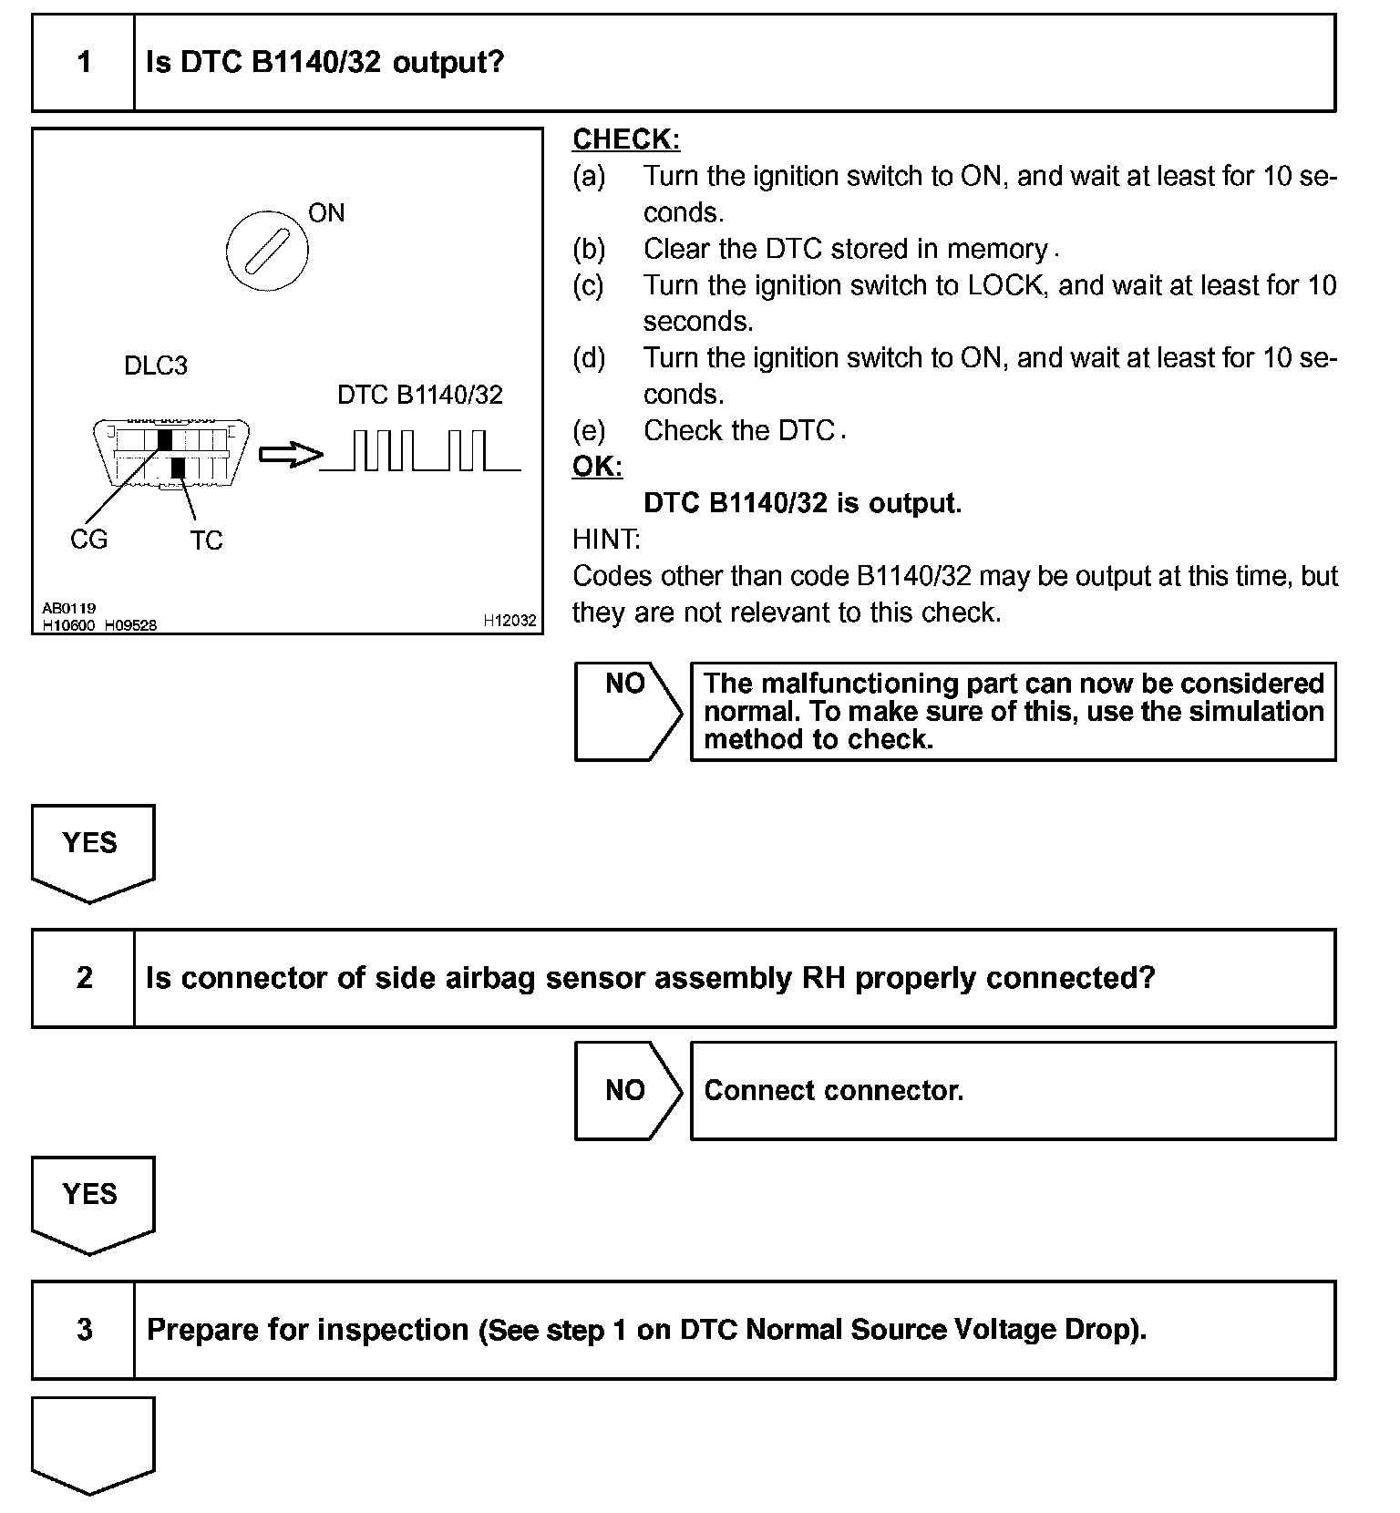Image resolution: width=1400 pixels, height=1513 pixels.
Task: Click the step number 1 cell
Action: tap(84, 63)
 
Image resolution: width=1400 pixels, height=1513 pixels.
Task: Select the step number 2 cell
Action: tap(84, 978)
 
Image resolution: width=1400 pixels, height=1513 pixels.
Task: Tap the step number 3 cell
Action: tap(84, 1330)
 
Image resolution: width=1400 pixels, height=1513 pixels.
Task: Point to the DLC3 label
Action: tap(156, 366)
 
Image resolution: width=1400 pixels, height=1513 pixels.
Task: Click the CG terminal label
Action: tap(88, 540)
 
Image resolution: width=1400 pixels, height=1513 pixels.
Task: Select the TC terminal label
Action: tap(206, 540)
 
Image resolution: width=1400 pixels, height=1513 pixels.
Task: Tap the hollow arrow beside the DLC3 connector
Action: tap(291, 455)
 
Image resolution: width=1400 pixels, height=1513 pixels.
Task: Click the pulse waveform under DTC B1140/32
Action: tap(421, 451)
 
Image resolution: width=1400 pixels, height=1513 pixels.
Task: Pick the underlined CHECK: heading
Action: tap(626, 139)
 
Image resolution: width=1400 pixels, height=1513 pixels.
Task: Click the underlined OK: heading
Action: tap(597, 467)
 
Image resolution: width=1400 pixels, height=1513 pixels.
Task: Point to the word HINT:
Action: tap(606, 540)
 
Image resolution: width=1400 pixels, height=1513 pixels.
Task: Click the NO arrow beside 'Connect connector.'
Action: tap(627, 1090)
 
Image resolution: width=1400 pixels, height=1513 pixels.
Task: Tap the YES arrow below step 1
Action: tap(92, 849)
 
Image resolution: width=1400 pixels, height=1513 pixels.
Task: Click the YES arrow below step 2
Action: tap(92, 1201)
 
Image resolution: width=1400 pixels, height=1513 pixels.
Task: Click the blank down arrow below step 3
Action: tap(92, 1442)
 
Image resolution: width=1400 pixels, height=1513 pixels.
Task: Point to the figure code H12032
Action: tap(510, 621)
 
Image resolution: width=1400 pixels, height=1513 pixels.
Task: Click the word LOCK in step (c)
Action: tap(1004, 285)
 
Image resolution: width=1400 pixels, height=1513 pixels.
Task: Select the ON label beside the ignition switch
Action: tap(326, 213)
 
